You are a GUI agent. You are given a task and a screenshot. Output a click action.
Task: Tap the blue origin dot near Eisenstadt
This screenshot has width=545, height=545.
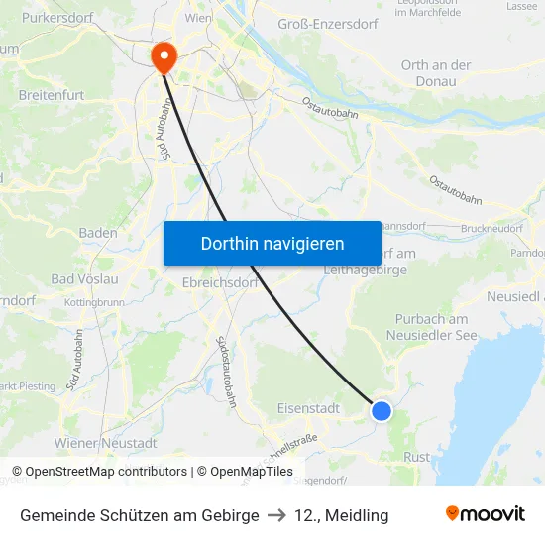(x=381, y=410)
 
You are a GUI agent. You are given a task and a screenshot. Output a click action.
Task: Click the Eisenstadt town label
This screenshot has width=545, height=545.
(x=308, y=407)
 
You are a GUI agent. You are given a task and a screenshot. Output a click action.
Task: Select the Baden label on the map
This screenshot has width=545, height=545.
(x=98, y=233)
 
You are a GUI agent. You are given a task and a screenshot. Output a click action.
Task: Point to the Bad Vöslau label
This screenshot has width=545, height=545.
(x=84, y=278)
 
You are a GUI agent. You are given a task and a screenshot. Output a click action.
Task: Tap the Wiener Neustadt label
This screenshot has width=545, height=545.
(x=106, y=442)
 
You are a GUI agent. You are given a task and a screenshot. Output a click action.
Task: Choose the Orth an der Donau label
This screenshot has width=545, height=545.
(x=436, y=73)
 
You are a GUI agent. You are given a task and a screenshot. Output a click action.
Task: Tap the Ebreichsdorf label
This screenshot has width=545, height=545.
(x=220, y=283)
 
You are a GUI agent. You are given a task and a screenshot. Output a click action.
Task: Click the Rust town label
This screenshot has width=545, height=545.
(x=417, y=457)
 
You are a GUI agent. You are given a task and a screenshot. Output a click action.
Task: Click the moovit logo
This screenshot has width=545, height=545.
(x=486, y=514)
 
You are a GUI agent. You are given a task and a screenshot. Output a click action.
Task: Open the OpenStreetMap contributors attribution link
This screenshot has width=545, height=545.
(x=106, y=472)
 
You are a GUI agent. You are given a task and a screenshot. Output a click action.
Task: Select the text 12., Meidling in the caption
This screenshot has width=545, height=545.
(x=342, y=515)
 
